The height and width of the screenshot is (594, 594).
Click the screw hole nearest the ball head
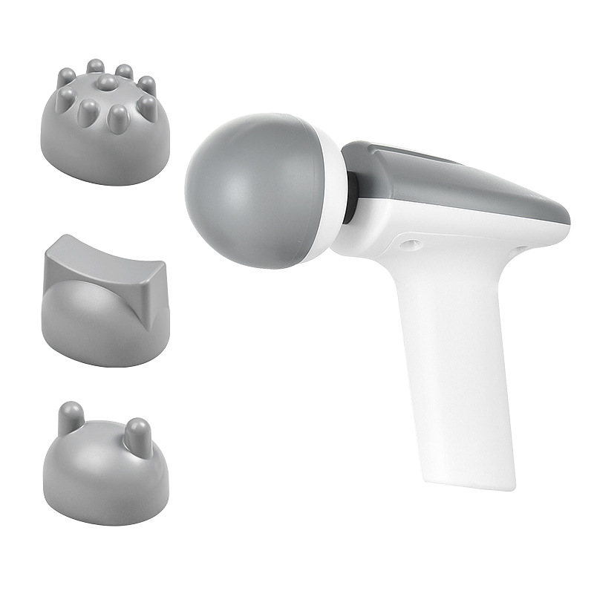click(407, 243)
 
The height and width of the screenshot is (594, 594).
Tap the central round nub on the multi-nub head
click(108, 82)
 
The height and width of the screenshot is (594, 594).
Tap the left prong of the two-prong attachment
click(71, 416)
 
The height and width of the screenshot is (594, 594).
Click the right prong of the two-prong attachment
click(139, 431)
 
